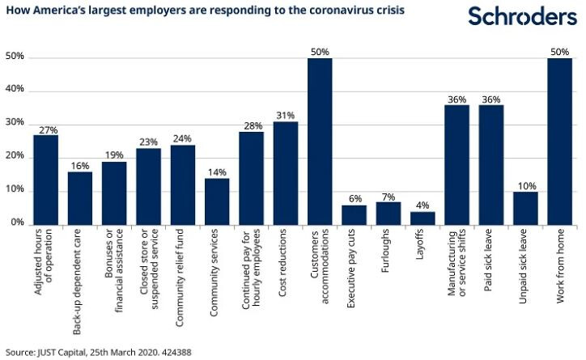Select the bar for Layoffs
click(423, 218)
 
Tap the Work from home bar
click(560, 141)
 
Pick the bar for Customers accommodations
click(320, 141)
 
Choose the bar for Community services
click(217, 201)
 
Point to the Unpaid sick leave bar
click(526, 207)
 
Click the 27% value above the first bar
click(45, 129)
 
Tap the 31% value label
click(286, 116)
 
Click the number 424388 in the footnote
click(176, 353)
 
